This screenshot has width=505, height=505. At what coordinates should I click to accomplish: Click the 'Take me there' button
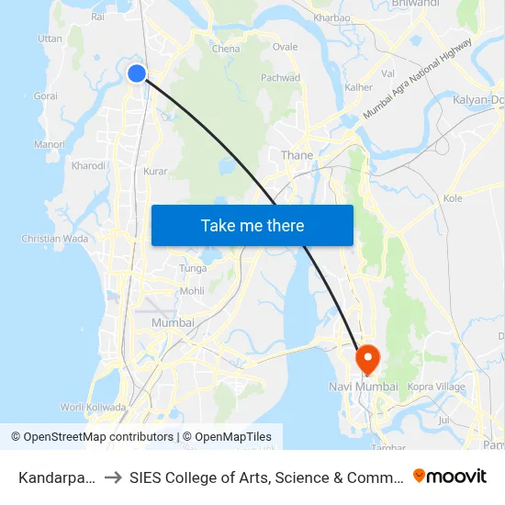pyautogui.click(x=252, y=225)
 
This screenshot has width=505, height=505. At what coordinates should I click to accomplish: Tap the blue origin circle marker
pyautogui.click(x=137, y=73)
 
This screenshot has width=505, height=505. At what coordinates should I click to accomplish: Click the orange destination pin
pyautogui.click(x=367, y=359)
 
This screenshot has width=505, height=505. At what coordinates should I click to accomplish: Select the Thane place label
pyautogui.click(x=297, y=155)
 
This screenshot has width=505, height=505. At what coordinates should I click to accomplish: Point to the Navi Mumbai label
pyautogui.click(x=364, y=387)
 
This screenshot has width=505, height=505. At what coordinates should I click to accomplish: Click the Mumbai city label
pyautogui.click(x=173, y=322)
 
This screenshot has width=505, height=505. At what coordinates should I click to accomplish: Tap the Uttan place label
pyautogui.click(x=50, y=39)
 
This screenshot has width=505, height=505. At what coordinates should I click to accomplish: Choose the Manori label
pyautogui.click(x=49, y=144)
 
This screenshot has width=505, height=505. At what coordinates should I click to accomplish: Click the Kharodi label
pyautogui.click(x=88, y=166)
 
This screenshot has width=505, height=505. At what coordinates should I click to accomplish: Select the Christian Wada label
pyautogui.click(x=54, y=239)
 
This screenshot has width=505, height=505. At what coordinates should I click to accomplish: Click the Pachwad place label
pyautogui.click(x=280, y=78)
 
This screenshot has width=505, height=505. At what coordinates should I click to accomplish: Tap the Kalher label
pyautogui.click(x=358, y=87)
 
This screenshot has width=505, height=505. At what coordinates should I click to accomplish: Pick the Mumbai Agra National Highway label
pyautogui.click(x=418, y=77)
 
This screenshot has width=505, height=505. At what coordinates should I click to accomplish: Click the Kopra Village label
pyautogui.click(x=437, y=387)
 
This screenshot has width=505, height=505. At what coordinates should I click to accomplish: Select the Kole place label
pyautogui.click(x=453, y=197)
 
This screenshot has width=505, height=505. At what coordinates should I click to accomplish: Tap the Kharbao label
pyautogui.click(x=331, y=17)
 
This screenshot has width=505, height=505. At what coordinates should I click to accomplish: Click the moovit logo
pyautogui.click(x=450, y=476)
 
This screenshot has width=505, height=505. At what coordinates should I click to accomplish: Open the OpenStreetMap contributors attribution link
pyautogui.click(x=93, y=437)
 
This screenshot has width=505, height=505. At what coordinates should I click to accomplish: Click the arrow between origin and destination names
pyautogui.click(x=113, y=477)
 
